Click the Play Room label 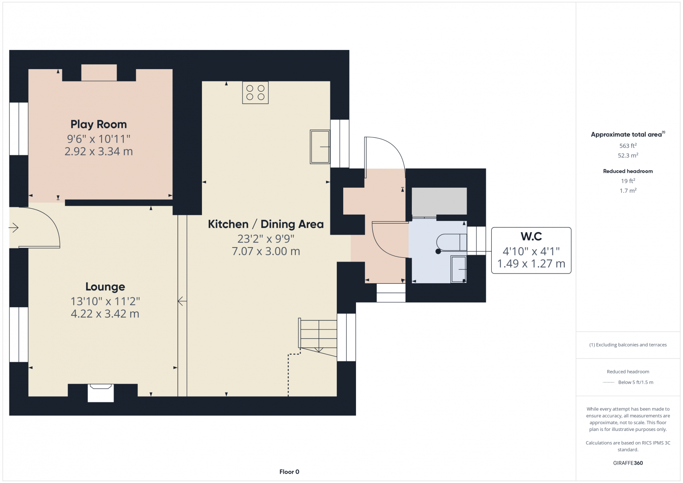click(x=99, y=124)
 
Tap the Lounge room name click(x=105, y=287)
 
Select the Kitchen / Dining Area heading click(x=266, y=224)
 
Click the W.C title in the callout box click(x=531, y=236)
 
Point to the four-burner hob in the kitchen click(x=255, y=93)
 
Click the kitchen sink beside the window click(x=320, y=147)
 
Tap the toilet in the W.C click(x=452, y=242)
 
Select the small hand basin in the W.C click(x=458, y=269)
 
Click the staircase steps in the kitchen click(x=318, y=335)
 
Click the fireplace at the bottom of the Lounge click(x=101, y=393)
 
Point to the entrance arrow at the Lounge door click(x=14, y=228)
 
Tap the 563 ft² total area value click(x=628, y=145)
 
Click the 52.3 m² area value click(x=628, y=155)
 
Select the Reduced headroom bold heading click(x=628, y=171)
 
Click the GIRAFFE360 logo click(x=628, y=463)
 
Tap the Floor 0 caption click(x=289, y=472)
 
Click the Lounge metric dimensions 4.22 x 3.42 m click(x=105, y=314)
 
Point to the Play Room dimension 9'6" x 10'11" click(x=99, y=139)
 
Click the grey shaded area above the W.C click(x=439, y=201)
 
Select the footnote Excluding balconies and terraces click(x=628, y=345)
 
